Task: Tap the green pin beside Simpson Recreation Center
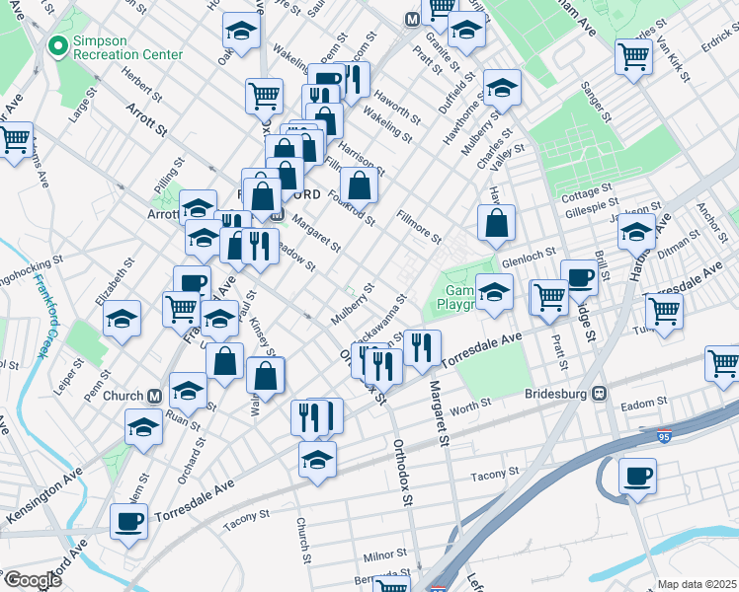(56, 46)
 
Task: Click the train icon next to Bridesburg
(599, 392)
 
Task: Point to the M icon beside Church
(154, 396)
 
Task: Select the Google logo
(32, 580)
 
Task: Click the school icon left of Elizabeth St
(122, 319)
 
